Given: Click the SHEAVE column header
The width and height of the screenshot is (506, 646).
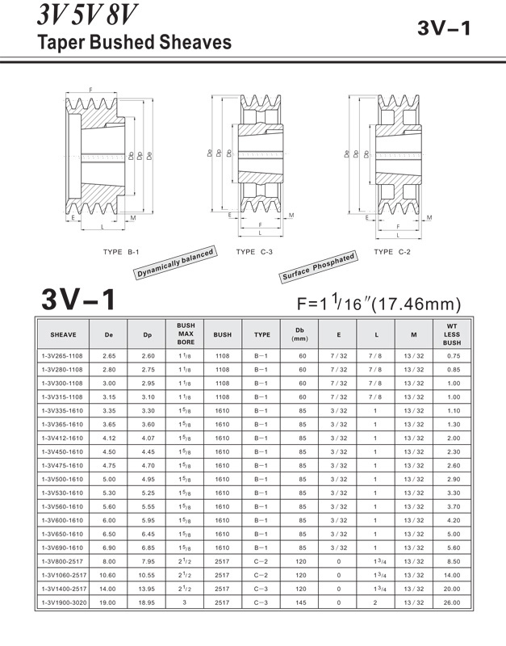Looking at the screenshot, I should point(63,334).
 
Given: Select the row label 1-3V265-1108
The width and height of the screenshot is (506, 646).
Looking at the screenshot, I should point(63,355).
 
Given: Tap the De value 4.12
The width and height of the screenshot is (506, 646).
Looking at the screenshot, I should point(109,438).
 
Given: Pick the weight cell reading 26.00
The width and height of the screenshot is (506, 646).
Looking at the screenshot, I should point(452,602).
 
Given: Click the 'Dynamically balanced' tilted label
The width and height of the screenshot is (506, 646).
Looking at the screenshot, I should point(176,264).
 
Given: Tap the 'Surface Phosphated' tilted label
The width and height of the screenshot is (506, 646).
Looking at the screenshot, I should point(319,267).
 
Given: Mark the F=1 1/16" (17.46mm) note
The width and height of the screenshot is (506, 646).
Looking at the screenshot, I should point(378,304).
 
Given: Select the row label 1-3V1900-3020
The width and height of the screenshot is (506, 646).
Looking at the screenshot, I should point(63,602).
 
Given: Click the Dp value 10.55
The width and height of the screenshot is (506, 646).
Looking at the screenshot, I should point(147,575).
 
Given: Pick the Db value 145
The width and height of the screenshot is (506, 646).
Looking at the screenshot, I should point(303,602).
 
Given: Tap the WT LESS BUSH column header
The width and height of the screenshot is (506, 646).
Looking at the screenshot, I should point(452,334).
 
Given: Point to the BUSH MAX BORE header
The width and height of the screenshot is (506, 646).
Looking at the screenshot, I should point(186,334).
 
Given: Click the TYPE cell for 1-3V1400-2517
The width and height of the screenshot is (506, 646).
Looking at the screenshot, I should point(262,589).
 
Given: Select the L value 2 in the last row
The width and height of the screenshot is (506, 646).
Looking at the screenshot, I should point(375,602).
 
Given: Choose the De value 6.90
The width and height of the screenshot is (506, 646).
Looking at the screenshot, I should point(109,547).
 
